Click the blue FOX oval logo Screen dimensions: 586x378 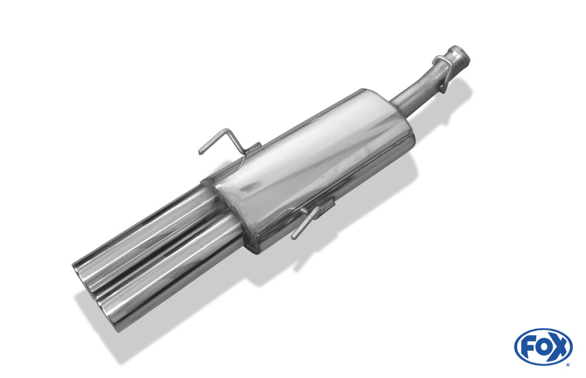coord(543,347)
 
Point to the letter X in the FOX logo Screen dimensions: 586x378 coord(558,346)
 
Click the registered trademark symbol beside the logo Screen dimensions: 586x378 coord(568,365)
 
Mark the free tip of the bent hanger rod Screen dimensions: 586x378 coord(200,152)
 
